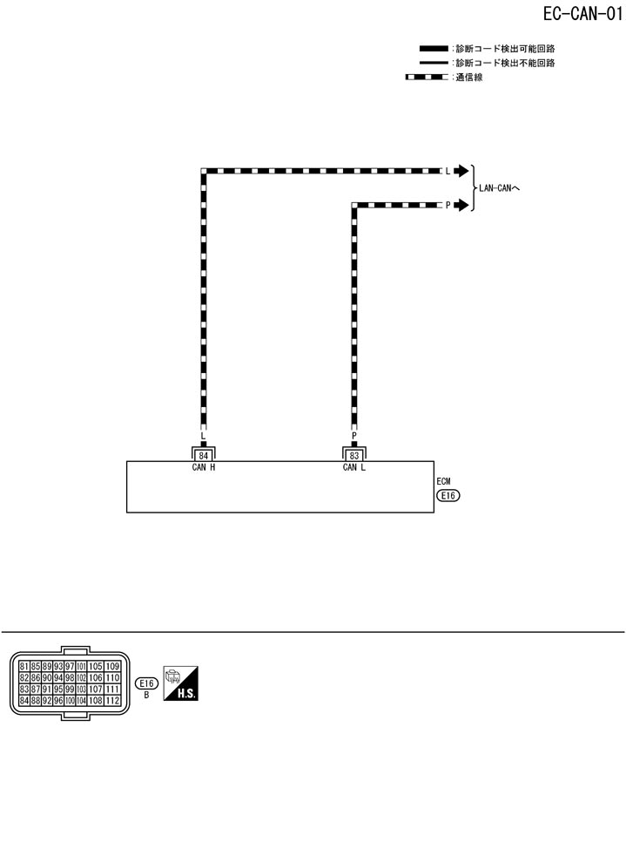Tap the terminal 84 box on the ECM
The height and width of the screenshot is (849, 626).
(x=204, y=455)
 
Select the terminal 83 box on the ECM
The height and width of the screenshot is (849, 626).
(x=353, y=455)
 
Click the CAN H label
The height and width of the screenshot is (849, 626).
(x=204, y=467)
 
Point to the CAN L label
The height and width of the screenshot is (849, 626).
(x=353, y=467)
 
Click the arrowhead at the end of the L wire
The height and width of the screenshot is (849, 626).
(x=461, y=171)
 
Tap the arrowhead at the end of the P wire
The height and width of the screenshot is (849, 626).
(x=461, y=206)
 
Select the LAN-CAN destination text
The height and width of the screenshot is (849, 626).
(x=499, y=188)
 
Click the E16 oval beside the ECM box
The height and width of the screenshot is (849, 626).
(x=448, y=496)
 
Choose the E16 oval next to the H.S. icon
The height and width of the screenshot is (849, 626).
(x=146, y=684)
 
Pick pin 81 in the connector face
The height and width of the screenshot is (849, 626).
(x=24, y=667)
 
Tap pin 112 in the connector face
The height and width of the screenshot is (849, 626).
(x=112, y=700)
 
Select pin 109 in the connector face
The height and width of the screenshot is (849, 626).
(x=112, y=667)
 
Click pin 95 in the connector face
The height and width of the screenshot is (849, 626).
(x=57, y=689)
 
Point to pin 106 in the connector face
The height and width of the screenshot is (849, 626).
(x=96, y=678)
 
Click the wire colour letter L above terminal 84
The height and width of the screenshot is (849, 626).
(x=204, y=435)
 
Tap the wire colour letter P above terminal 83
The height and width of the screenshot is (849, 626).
(x=353, y=435)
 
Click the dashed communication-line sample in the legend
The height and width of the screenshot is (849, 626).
(x=427, y=78)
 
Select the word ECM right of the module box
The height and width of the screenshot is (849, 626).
(x=444, y=481)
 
